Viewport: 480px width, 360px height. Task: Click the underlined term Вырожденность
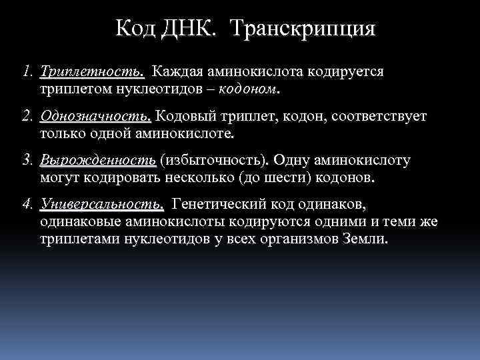click(98, 161)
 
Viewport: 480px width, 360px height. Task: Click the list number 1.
click(26, 71)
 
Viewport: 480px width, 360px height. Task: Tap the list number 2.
click(26, 117)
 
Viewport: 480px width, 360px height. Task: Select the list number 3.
click(26, 161)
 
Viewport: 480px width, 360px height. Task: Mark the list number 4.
click(26, 203)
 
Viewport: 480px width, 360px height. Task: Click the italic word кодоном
click(251, 87)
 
